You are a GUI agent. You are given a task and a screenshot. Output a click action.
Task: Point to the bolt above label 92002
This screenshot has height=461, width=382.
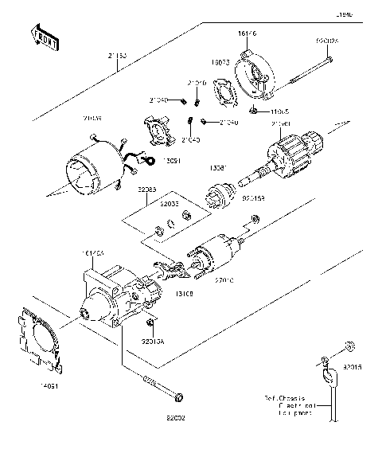click(162, 389)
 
